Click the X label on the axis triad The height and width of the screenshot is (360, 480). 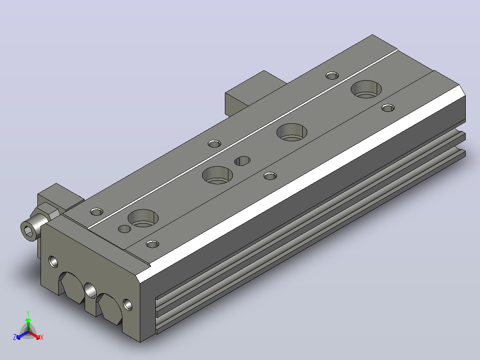[x=42, y=337]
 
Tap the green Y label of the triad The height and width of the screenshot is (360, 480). [x=28, y=313]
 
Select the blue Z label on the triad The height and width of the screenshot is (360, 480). [x=15, y=337]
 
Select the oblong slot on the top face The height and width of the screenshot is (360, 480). [x=242, y=160]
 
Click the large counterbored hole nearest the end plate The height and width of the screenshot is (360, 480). [x=143, y=218]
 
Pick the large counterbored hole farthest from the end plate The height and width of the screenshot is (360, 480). [x=366, y=89]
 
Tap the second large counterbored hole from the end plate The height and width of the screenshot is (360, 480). [x=217, y=175]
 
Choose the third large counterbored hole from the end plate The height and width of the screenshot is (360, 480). [x=292, y=132]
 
